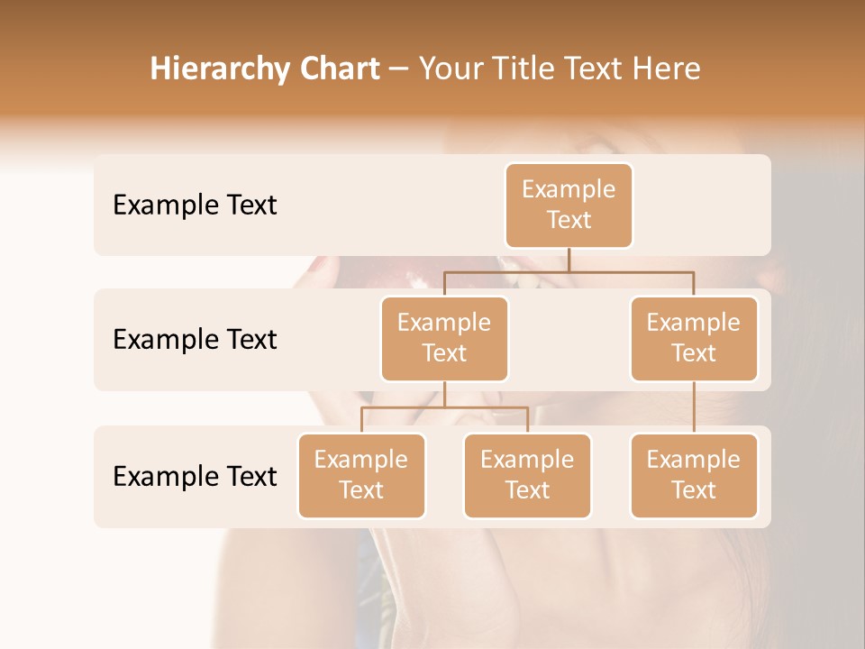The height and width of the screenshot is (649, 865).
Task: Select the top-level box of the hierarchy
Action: (x=569, y=206)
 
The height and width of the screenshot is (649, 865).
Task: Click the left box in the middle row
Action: (x=444, y=338)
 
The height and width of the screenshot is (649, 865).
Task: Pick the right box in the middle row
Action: (x=694, y=338)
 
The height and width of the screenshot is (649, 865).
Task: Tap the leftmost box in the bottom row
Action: (x=361, y=475)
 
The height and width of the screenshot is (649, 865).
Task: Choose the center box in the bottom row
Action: (x=527, y=475)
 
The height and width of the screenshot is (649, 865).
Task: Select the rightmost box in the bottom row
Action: (x=694, y=475)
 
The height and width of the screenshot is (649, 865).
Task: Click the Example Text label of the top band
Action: (x=195, y=206)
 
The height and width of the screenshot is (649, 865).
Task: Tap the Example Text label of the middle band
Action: (x=195, y=340)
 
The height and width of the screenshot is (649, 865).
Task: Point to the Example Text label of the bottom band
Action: (x=195, y=476)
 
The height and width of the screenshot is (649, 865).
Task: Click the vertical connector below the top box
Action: (x=569, y=260)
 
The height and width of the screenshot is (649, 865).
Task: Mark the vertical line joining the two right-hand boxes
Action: (x=694, y=407)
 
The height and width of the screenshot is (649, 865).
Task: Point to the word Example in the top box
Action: (x=569, y=189)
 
